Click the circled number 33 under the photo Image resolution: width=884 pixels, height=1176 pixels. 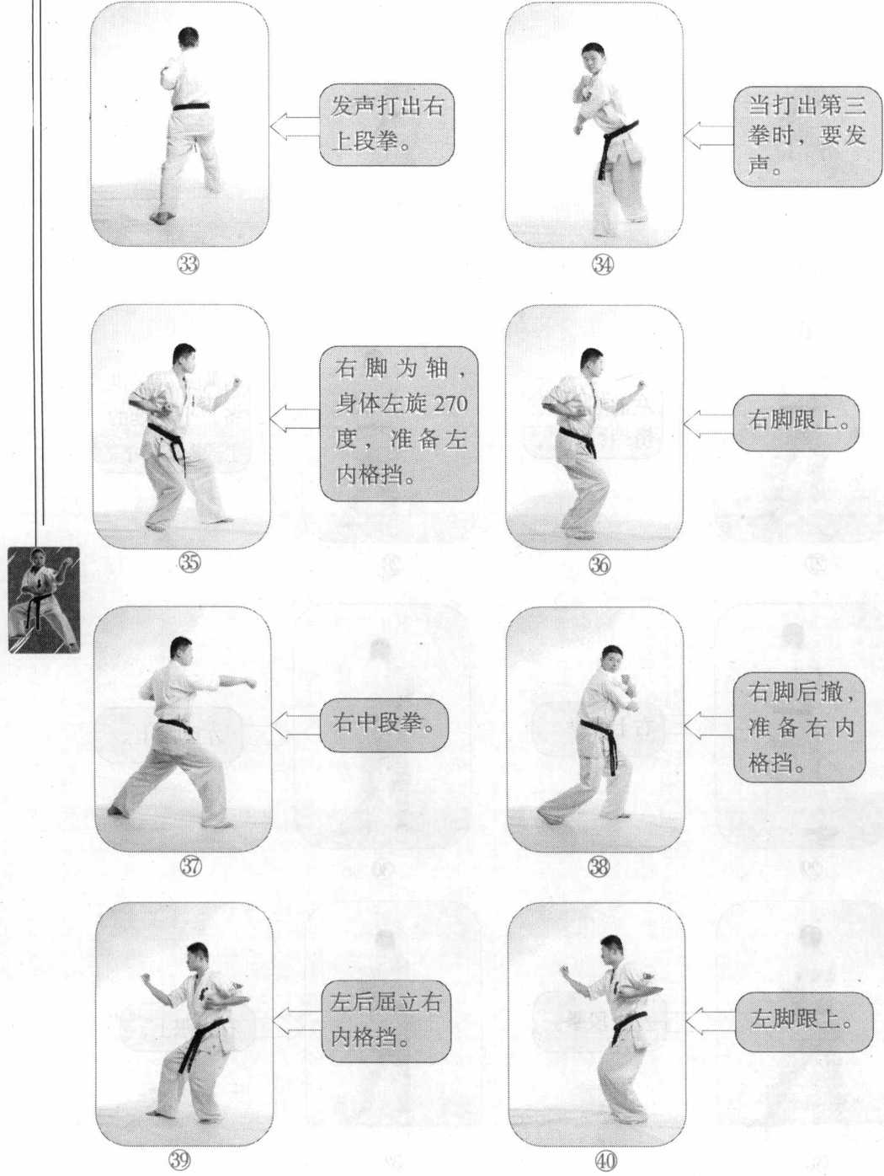(x=188, y=264)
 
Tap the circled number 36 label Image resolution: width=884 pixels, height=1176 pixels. (x=599, y=564)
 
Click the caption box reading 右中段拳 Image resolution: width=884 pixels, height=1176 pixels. (x=384, y=724)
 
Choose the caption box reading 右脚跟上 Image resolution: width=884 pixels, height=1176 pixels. (x=796, y=423)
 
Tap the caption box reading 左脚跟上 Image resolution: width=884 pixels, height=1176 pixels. (x=804, y=1021)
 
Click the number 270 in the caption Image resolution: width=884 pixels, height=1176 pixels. (x=450, y=404)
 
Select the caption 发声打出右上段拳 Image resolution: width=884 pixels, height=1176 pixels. (x=386, y=125)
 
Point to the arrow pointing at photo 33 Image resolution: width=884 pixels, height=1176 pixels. (x=295, y=127)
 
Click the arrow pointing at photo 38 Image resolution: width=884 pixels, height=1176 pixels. (x=708, y=726)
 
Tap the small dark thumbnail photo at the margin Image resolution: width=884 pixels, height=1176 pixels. (x=44, y=600)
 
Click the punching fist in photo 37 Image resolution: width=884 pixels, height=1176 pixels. (x=249, y=683)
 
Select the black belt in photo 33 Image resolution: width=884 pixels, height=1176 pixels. (x=191, y=106)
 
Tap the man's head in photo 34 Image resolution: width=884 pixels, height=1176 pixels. (x=594, y=57)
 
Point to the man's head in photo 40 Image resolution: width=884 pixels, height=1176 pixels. (x=611, y=949)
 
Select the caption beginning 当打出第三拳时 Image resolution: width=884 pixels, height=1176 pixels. (x=807, y=136)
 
